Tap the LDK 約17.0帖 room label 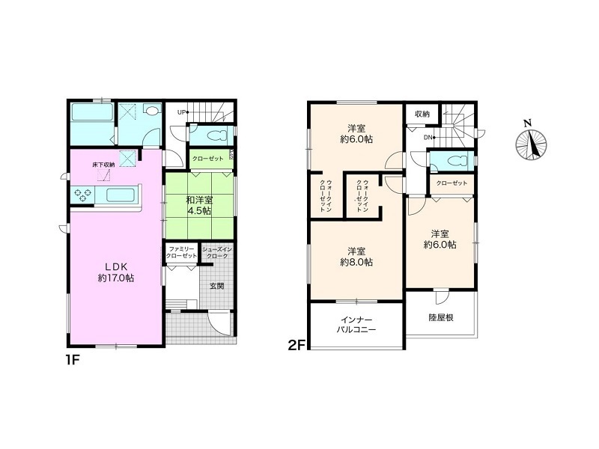tap(116, 272)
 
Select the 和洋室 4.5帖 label tap(199, 205)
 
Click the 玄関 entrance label tap(216, 286)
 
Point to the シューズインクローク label tap(217, 253)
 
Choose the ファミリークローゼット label tap(182, 253)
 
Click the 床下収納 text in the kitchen tap(103, 165)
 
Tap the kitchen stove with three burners tap(82, 195)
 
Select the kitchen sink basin tap(120, 195)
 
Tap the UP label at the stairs tap(181, 112)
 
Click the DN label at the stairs tap(427, 138)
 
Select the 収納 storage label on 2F tap(422, 114)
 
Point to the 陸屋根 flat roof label tap(440, 317)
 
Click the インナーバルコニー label tap(356, 325)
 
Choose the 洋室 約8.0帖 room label tap(356, 257)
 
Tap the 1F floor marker tap(72, 360)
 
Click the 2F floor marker tap(297, 346)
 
